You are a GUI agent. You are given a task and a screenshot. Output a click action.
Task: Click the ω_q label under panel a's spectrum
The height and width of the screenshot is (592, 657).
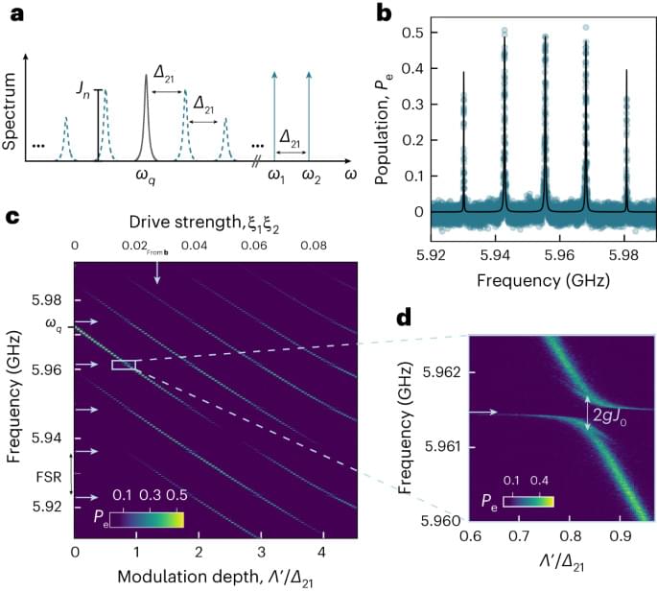click(x=146, y=178)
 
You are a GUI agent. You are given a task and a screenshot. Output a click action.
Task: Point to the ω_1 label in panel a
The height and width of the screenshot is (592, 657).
click(x=276, y=178)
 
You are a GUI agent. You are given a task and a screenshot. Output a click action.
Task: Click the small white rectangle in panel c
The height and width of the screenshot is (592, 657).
click(x=125, y=365)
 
